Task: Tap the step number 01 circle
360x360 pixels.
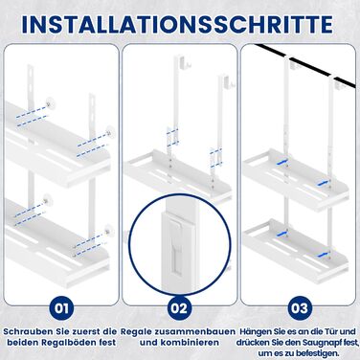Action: [61, 308]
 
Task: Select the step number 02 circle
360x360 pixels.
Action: [179, 308]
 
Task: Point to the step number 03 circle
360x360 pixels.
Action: [300, 308]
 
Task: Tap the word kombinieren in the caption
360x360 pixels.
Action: [190, 343]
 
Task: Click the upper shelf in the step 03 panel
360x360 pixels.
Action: [294, 179]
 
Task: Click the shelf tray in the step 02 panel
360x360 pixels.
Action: [177, 175]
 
